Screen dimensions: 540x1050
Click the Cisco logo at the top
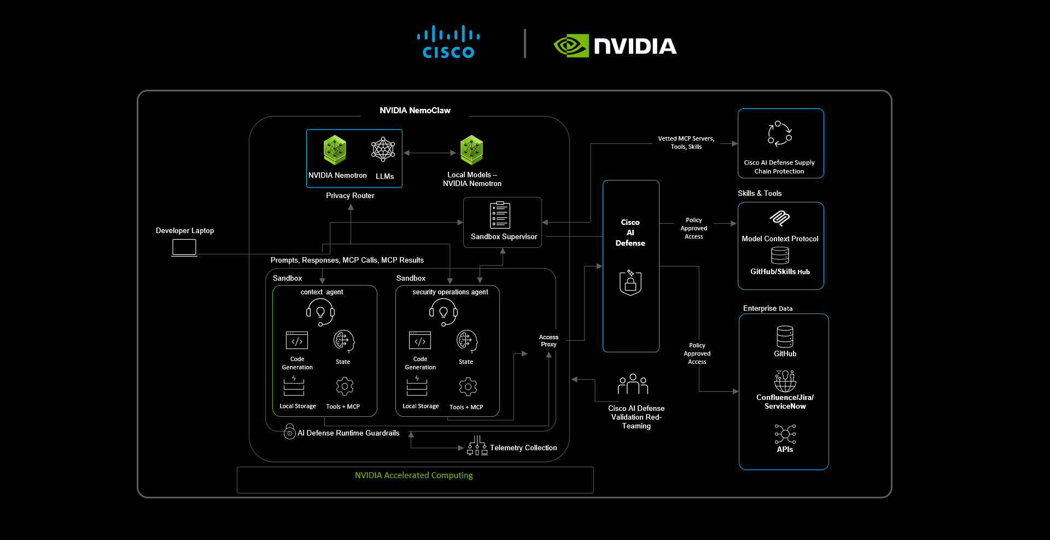(x=448, y=42)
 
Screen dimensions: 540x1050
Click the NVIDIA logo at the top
(x=615, y=46)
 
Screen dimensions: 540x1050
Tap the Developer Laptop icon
(x=184, y=247)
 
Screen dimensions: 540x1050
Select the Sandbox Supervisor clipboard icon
(x=500, y=215)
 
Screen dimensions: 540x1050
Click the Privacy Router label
(x=350, y=195)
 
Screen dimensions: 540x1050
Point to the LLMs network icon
(x=383, y=149)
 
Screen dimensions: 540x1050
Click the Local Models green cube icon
(x=471, y=150)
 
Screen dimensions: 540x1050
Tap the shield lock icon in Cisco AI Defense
(x=630, y=282)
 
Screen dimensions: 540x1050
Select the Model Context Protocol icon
(x=780, y=218)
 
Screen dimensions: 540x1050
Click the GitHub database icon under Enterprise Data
(x=785, y=336)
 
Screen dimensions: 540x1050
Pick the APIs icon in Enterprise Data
(x=785, y=434)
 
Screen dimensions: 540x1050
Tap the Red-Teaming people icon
(x=633, y=384)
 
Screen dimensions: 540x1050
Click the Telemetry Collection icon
(x=477, y=445)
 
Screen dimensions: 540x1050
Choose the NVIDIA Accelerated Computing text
(x=413, y=475)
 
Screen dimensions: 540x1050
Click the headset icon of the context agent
(x=320, y=312)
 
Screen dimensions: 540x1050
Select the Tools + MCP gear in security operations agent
(x=468, y=387)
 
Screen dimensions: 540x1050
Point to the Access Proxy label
(x=549, y=341)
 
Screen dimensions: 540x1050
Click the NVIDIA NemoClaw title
(x=415, y=111)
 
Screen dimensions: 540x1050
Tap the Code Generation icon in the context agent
(x=297, y=340)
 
